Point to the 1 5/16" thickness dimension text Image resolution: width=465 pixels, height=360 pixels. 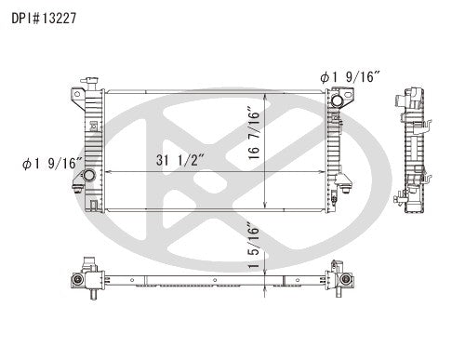pos(254,245)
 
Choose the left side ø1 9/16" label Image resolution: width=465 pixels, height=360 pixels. pos(52,166)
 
